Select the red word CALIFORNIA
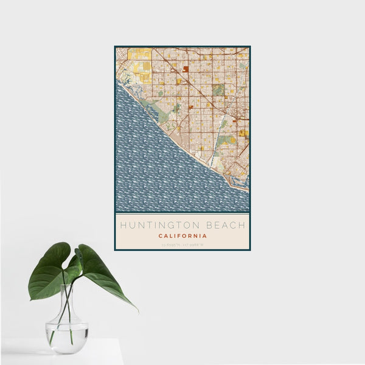(182, 236)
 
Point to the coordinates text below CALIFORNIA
(182, 245)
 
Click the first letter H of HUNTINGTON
(123, 225)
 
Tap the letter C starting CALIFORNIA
(160, 236)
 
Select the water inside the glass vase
(66, 338)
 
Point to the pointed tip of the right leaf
(136, 310)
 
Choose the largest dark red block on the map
(186, 69)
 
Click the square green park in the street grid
(218, 90)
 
